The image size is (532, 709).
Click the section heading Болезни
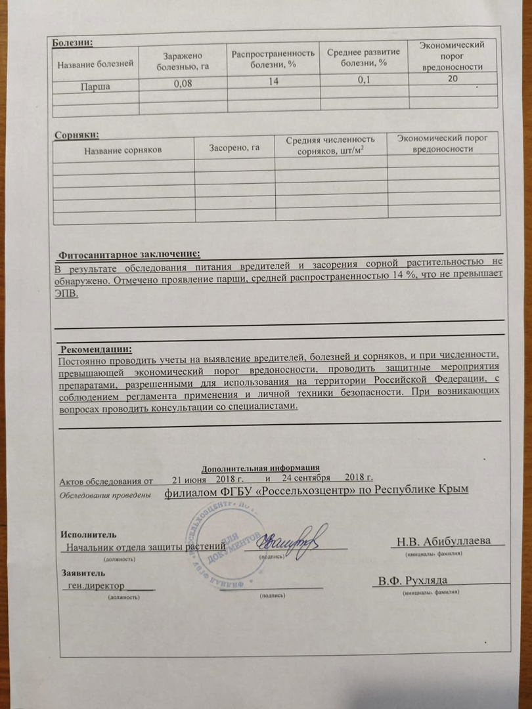72,43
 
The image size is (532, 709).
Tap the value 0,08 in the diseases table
183,84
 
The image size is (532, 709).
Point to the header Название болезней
96,64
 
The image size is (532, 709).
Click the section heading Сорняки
76,135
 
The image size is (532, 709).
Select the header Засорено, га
234,148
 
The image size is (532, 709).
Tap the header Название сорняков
123,150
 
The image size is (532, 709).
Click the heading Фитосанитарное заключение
129,254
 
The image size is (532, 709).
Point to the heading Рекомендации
96,349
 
